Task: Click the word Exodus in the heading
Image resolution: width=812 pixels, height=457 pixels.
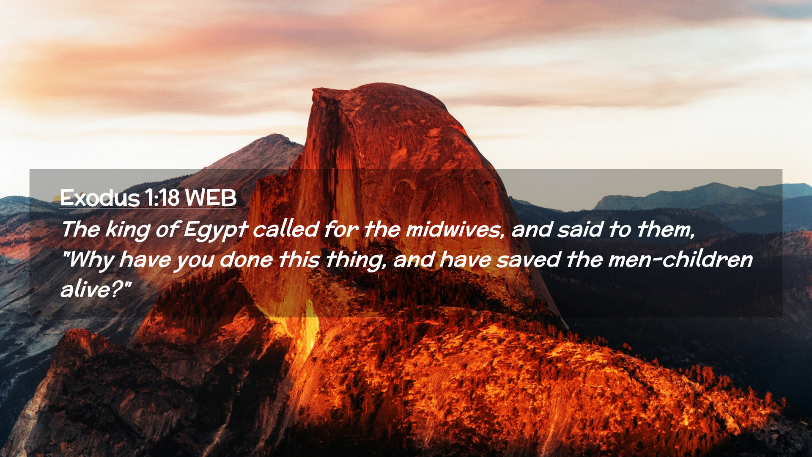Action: pos(100,198)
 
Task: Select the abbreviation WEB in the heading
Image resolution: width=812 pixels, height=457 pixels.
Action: pos(211,198)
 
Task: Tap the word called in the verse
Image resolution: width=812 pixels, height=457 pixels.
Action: pos(285,229)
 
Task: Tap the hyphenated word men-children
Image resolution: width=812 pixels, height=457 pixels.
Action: pos(680,259)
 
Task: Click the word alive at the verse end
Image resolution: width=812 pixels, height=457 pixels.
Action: pos(85,290)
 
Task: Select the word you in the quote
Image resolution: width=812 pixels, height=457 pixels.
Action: pos(195,262)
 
